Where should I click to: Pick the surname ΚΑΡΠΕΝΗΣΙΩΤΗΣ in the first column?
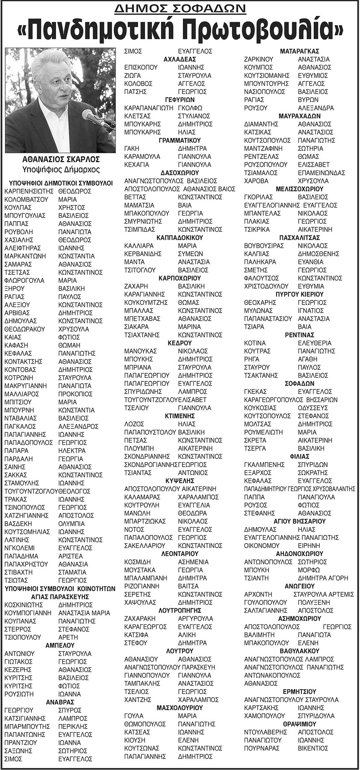29,191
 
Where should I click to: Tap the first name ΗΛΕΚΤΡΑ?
72,450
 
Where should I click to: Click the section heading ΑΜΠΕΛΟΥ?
60,645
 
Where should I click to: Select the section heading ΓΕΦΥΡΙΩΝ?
180,100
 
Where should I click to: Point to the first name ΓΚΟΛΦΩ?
190,108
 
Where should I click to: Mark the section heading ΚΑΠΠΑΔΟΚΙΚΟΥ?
180,237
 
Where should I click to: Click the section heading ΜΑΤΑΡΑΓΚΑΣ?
299,51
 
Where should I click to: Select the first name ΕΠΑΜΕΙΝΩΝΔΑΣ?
321,172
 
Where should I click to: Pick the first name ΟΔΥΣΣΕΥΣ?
313,408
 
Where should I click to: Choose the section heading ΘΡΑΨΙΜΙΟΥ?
299,724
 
